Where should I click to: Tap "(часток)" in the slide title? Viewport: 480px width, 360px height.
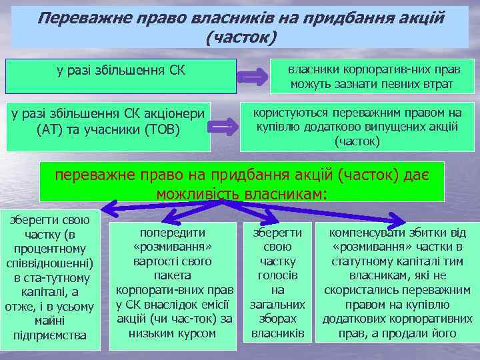coord(240,37)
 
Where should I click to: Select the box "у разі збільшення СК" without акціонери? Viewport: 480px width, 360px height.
coord(121,75)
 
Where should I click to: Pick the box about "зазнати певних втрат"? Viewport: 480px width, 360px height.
coord(371,76)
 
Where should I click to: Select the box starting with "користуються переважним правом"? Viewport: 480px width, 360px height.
coord(358,127)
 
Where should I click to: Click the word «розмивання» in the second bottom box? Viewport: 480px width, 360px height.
coord(173,247)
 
